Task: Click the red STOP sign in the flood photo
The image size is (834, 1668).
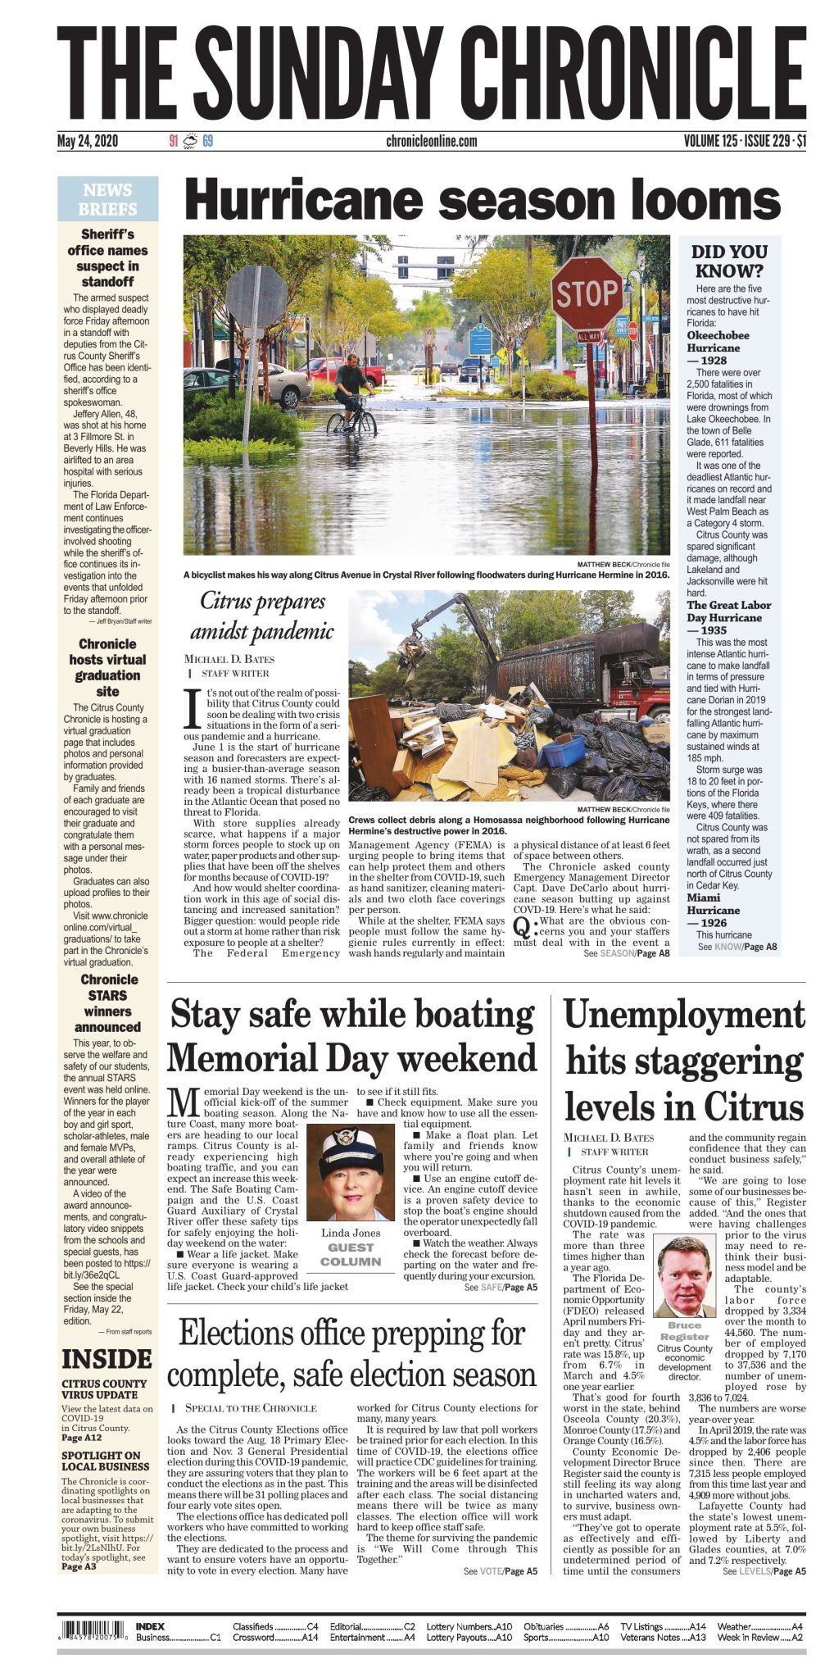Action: pyautogui.click(x=587, y=293)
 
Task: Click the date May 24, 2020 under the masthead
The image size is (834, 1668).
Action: pyautogui.click(x=88, y=141)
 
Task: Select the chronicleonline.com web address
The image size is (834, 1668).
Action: pyautogui.click(x=431, y=141)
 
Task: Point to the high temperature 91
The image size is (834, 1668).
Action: pyautogui.click(x=173, y=141)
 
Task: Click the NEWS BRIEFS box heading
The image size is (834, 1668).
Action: pyautogui.click(x=107, y=200)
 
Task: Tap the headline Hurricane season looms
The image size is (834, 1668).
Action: pyautogui.click(x=483, y=201)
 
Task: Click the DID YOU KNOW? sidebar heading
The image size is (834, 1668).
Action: pyautogui.click(x=729, y=261)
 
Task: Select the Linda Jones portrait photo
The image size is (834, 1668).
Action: pyautogui.click(x=351, y=1175)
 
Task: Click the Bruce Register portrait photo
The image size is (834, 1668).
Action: pyautogui.click(x=684, y=1275)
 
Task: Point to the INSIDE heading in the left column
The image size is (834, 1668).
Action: pyautogui.click(x=107, y=1360)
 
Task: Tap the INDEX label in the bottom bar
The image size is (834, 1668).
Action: pyautogui.click(x=150, y=1626)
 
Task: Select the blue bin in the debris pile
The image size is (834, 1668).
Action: pyautogui.click(x=561, y=749)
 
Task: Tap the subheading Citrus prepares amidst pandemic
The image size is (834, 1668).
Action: pyautogui.click(x=262, y=616)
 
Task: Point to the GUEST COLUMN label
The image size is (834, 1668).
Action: pyautogui.click(x=351, y=1254)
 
